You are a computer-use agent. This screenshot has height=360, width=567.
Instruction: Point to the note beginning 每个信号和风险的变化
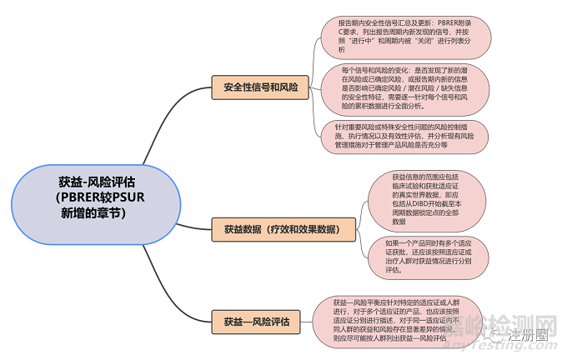coord(404,88)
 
